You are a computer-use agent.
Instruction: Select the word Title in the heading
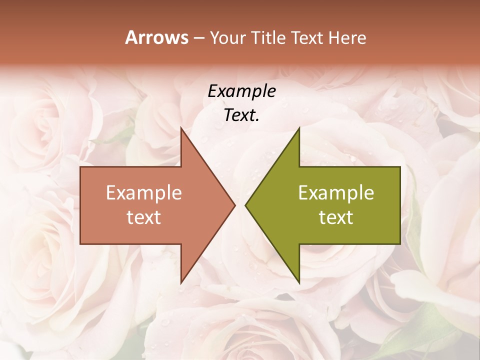268,38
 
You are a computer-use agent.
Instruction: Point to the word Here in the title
347,38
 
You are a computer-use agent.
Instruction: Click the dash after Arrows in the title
198,38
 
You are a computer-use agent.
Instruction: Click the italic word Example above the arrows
241,91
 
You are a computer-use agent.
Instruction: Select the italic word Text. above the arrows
241,115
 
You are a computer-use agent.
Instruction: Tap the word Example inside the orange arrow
144,193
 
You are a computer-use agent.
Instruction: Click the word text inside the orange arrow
144,217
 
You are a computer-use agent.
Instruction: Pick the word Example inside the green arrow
336,193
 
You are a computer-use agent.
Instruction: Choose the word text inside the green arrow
336,217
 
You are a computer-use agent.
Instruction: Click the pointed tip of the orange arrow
235,205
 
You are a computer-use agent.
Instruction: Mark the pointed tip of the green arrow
245,205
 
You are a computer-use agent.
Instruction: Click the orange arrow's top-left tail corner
80,166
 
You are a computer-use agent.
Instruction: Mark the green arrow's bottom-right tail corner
400,244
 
